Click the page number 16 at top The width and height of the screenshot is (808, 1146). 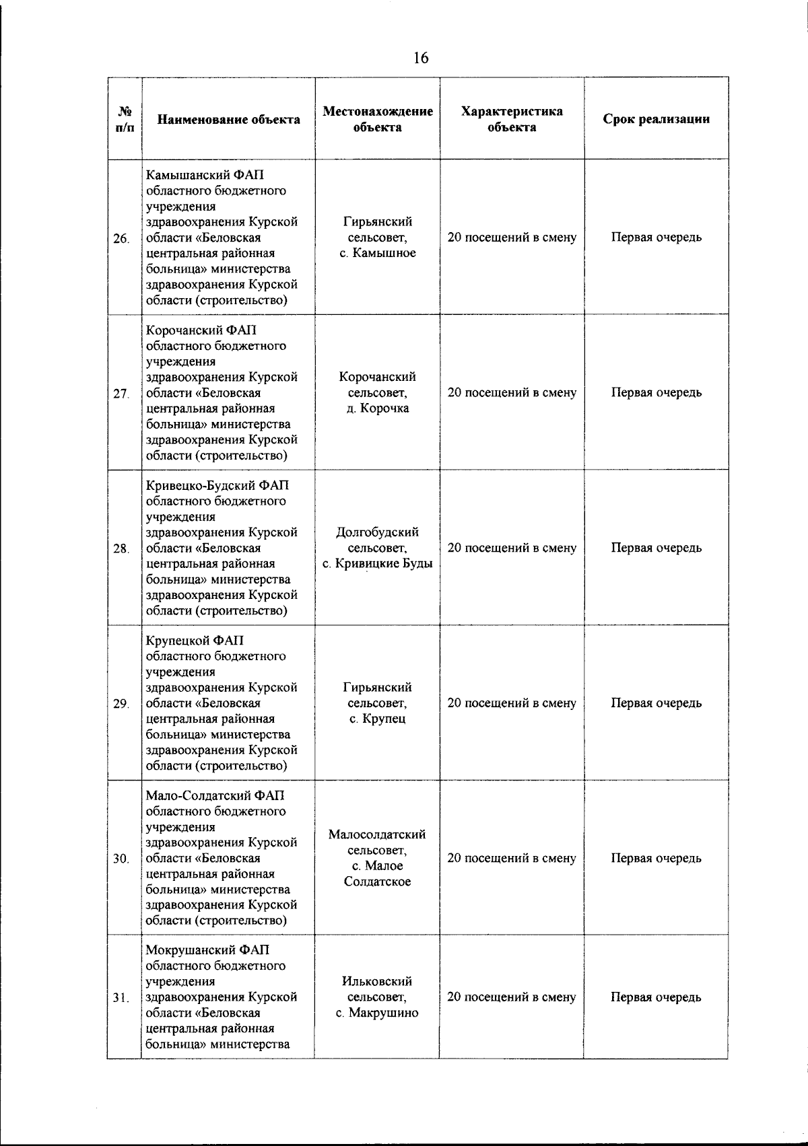click(x=420, y=58)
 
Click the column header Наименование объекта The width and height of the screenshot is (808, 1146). click(x=228, y=120)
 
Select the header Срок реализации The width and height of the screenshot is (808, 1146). click(x=656, y=119)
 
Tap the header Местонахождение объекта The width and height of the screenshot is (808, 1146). click(x=377, y=119)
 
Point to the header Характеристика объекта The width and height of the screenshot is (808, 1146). click(x=512, y=119)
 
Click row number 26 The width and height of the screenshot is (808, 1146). click(x=121, y=238)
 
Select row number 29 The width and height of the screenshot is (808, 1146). click(x=121, y=704)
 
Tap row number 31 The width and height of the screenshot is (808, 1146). click(x=121, y=998)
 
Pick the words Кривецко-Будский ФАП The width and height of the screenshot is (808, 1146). click(x=217, y=485)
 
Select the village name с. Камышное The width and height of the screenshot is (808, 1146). click(x=377, y=253)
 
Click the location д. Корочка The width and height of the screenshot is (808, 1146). click(x=377, y=408)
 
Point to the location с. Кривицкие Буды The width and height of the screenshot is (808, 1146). click(x=377, y=563)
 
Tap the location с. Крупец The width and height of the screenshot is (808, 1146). click(x=377, y=719)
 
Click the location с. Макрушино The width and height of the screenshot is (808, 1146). click(x=377, y=1013)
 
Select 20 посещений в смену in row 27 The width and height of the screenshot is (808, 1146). click(x=512, y=392)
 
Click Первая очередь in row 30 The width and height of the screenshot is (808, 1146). click(x=656, y=858)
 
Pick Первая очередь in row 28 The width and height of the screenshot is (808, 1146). click(x=656, y=548)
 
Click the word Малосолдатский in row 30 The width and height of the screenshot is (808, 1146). click(x=377, y=834)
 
